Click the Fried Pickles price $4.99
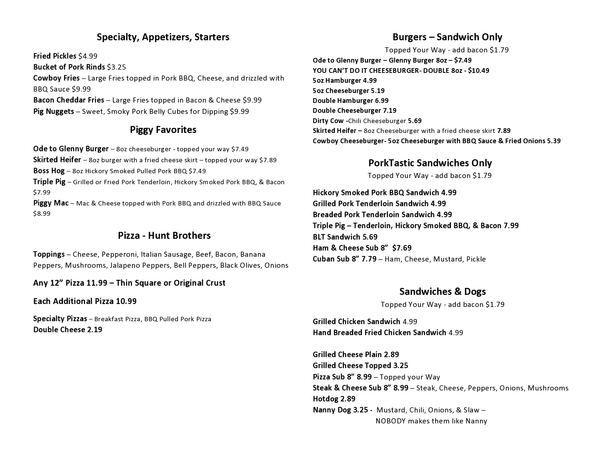[88, 56]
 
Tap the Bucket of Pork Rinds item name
[69, 67]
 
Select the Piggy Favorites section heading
[163, 130]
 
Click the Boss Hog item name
[49, 171]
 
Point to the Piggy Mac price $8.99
[42, 214]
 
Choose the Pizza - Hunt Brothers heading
[164, 236]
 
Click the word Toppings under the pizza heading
[49, 254]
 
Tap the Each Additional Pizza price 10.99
[126, 301]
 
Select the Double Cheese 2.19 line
[68, 330]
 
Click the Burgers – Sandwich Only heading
[447, 37]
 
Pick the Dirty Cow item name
[328, 121]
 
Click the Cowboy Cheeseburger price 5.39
[554, 141]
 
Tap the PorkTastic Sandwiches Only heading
[430, 163]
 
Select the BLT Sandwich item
[345, 237]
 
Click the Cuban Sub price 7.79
[369, 259]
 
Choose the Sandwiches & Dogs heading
[443, 292]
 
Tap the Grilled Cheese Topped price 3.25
[400, 366]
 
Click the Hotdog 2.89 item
[334, 399]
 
